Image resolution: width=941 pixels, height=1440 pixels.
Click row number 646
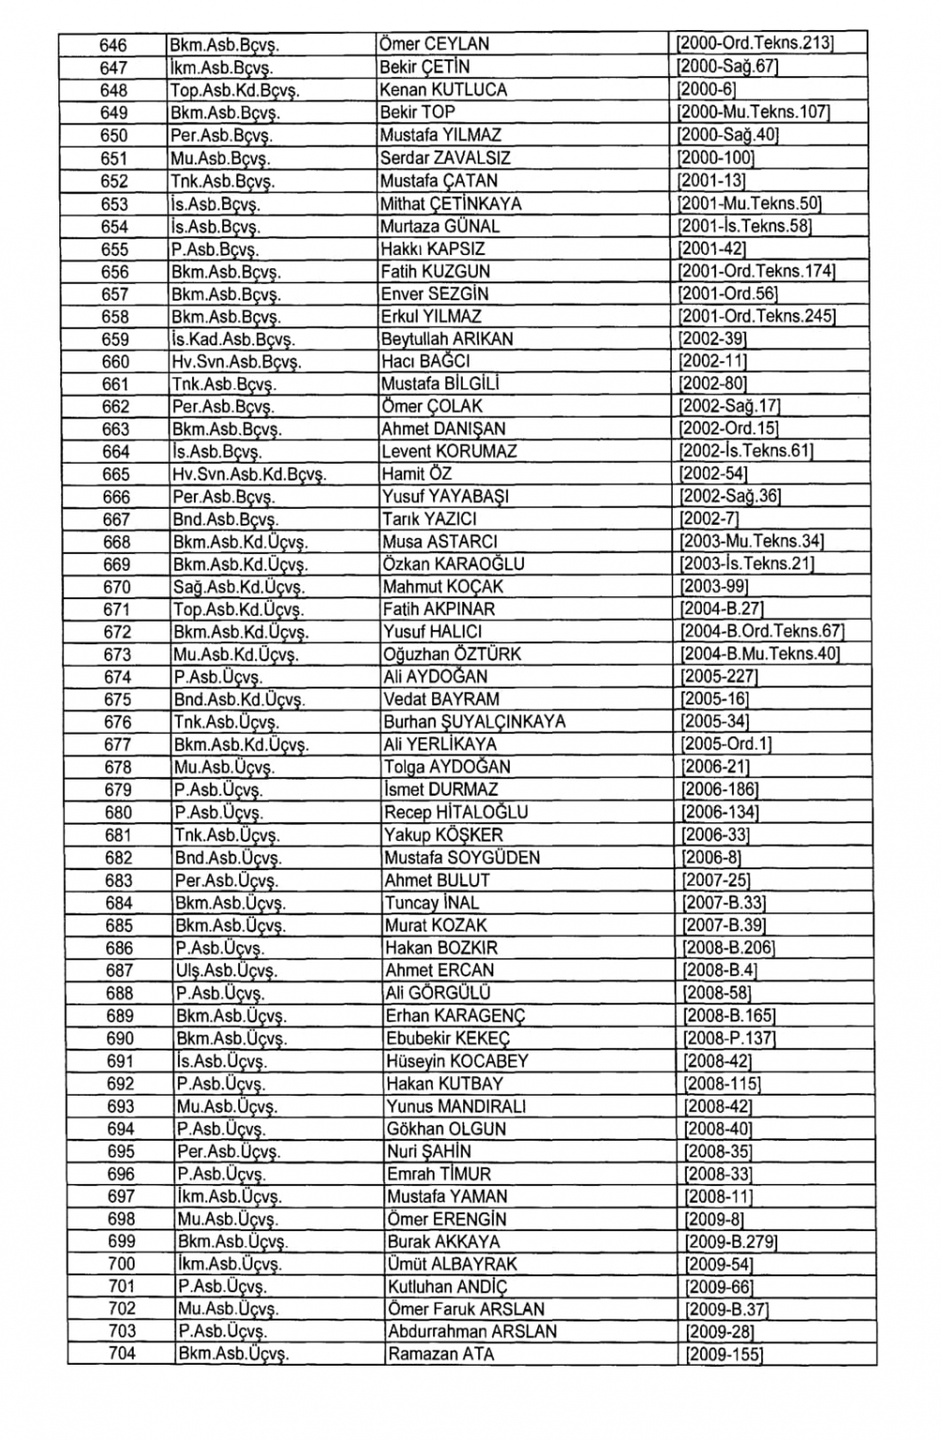[x=113, y=44]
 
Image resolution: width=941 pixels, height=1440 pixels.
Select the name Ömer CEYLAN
[x=434, y=44]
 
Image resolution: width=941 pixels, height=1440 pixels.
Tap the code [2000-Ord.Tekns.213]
[x=757, y=44]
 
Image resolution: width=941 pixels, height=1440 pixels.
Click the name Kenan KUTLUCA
[x=443, y=90]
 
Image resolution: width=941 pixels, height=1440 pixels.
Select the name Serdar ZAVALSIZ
[x=445, y=158]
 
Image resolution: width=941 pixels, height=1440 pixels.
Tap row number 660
[x=115, y=362]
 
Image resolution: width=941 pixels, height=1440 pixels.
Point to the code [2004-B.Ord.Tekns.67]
[x=761, y=632]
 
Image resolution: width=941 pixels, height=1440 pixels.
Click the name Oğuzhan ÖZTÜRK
[x=452, y=655]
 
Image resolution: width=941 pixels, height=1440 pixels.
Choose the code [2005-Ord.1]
[x=726, y=745]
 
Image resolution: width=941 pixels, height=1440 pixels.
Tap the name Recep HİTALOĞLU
[x=456, y=813]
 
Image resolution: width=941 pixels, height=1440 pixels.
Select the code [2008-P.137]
[x=729, y=1038]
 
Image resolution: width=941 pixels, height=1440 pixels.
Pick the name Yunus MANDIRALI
[x=456, y=1106]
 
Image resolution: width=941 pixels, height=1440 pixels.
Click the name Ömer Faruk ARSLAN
[x=466, y=1309]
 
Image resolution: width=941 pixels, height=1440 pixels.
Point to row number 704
[x=122, y=1354]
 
